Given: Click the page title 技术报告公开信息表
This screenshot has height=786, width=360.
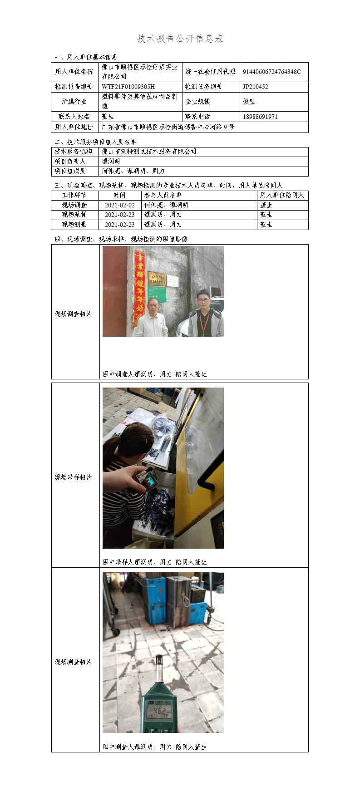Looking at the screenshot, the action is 180,39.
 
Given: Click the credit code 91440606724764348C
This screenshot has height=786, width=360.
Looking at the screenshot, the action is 272,72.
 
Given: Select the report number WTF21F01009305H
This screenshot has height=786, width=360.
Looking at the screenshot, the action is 128,87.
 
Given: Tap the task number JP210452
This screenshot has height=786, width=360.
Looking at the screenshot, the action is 256,87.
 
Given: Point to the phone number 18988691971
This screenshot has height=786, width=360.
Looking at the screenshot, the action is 260,117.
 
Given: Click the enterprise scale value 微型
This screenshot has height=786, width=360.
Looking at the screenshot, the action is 249,102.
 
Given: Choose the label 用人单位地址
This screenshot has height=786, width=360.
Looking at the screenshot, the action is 74,127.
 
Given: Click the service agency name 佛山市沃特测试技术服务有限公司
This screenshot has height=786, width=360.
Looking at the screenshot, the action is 149,152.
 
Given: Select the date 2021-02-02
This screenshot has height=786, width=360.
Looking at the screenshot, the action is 120,205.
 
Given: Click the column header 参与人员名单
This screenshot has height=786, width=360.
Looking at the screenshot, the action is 163,195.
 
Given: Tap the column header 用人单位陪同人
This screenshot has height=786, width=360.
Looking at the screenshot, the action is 282,195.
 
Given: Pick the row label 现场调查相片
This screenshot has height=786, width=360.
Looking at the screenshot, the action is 74,314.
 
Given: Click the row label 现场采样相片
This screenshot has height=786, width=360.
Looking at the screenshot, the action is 74,477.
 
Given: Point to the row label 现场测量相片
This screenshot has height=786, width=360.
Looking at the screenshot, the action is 74,662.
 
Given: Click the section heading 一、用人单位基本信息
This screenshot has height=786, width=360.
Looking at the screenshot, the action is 86,57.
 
